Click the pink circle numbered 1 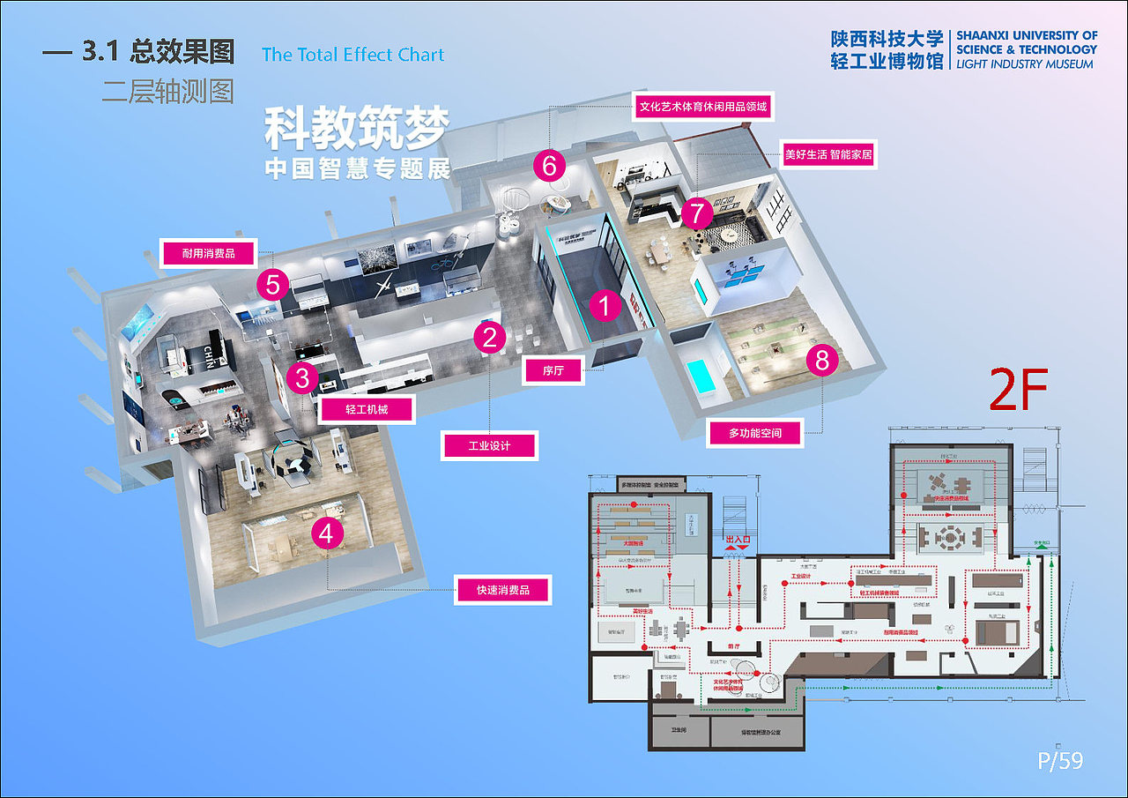(x=605, y=305)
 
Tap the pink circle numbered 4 (x=327, y=533)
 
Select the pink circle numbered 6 (x=549, y=165)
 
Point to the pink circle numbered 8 (x=822, y=360)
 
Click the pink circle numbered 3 (x=302, y=377)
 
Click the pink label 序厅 (x=553, y=370)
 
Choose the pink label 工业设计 (x=489, y=445)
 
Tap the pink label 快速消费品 (x=503, y=590)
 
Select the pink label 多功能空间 (x=754, y=433)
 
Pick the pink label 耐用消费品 (x=208, y=254)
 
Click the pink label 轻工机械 (x=367, y=409)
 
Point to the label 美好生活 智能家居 (x=828, y=155)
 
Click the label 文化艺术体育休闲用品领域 (x=703, y=108)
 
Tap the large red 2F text (x=1016, y=391)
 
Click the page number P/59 (x=1059, y=759)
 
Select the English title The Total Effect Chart (x=352, y=55)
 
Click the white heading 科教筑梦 (x=357, y=129)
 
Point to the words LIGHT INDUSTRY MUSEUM (x=1025, y=64)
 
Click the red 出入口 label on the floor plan (x=737, y=538)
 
